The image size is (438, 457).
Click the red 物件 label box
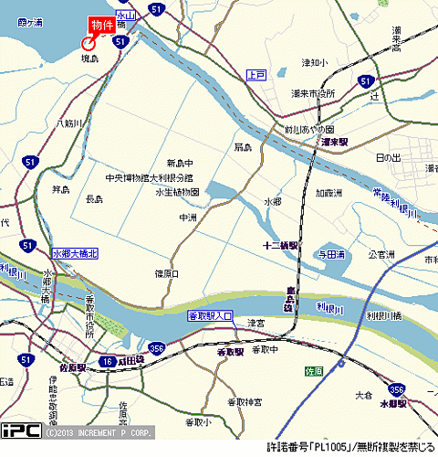(101, 25)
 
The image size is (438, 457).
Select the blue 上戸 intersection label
(255, 75)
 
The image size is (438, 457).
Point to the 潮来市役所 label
(314, 94)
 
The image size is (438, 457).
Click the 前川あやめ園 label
(309, 130)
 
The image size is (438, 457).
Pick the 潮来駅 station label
(336, 143)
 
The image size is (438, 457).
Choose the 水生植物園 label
(177, 192)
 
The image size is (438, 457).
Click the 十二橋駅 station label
(280, 245)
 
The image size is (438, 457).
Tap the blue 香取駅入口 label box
(211, 316)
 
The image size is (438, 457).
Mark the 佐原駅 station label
(71, 367)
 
